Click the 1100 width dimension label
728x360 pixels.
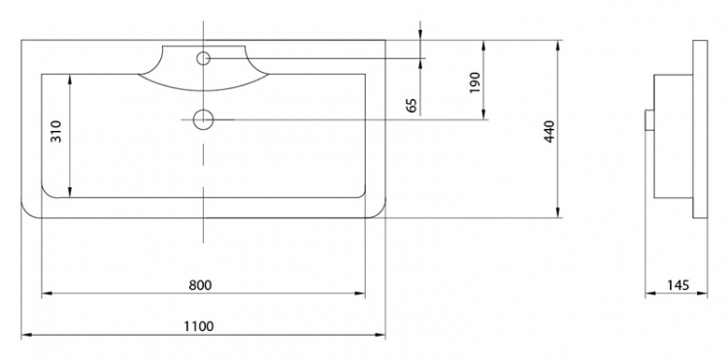[199, 326]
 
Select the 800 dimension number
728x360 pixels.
[200, 285]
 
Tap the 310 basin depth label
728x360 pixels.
[56, 131]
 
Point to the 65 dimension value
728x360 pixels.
[412, 106]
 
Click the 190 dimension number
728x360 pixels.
[475, 82]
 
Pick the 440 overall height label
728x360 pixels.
[549, 132]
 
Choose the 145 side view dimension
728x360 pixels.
[678, 285]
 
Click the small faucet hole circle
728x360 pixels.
[204, 58]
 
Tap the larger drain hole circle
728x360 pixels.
[203, 119]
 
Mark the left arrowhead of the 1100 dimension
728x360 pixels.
[26, 335]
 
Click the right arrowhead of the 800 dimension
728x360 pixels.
[360, 293]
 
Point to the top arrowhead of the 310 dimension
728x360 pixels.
[70, 80]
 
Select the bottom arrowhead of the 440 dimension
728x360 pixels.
[557, 213]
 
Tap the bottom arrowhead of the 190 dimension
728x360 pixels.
[483, 115]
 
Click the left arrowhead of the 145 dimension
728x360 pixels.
[650, 293]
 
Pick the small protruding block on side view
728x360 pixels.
[649, 120]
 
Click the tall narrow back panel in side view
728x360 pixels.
[700, 129]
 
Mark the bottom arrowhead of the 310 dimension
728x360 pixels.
[70, 192]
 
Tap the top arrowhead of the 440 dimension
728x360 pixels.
[557, 46]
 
